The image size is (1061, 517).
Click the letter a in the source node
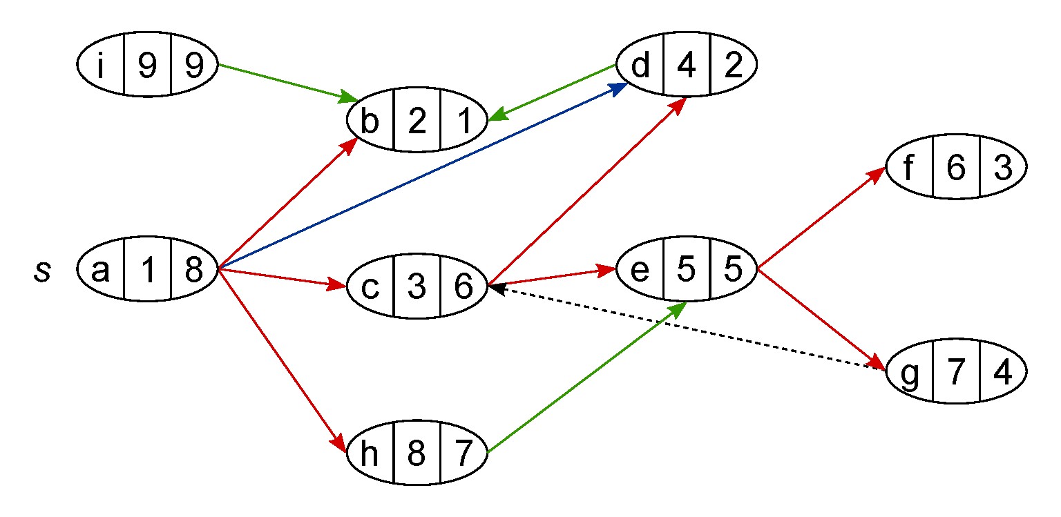coord(101,272)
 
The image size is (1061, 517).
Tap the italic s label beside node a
coord(43,272)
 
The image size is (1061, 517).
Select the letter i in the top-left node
coord(101,66)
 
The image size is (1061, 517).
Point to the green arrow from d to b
coord(553,92)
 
